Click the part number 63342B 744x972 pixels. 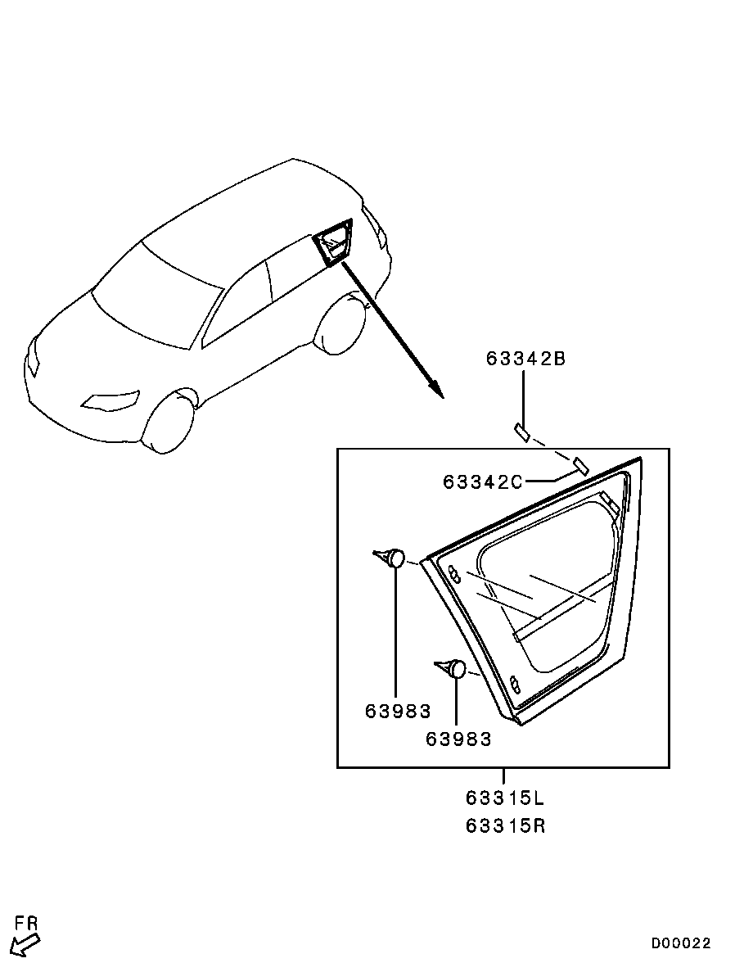coord(525,359)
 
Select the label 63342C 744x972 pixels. coord(483,481)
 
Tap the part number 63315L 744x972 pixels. coord(505,798)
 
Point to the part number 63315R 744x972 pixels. coord(505,825)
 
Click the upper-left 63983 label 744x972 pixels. coord(397,711)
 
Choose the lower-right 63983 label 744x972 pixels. coord(458,739)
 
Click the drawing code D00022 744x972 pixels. coord(681,943)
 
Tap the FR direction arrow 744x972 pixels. coord(25,945)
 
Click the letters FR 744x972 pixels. coord(26,924)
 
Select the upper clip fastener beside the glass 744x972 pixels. coord(389,558)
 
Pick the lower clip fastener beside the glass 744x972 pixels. coord(450,668)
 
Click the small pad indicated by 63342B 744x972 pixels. coord(521,432)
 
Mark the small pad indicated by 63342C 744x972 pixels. coord(579,464)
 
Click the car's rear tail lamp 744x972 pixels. coord(376,224)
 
